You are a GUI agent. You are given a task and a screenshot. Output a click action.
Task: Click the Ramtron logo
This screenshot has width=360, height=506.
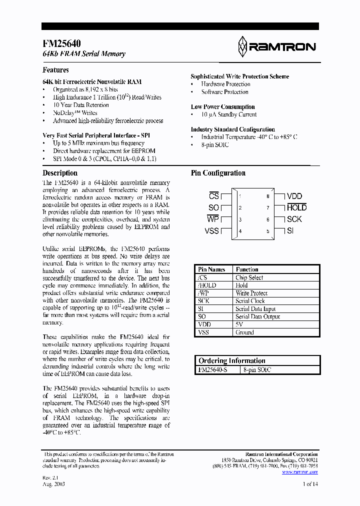276,46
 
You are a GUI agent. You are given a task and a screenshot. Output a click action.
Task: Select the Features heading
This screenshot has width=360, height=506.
55,70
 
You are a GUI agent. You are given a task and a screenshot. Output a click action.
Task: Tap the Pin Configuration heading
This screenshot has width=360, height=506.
218,173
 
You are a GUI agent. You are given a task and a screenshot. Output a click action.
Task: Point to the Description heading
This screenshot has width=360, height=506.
60,173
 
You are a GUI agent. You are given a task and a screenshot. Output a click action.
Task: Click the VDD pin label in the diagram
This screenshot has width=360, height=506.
294,196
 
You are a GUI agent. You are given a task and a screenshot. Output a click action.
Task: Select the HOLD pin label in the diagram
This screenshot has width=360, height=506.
296,207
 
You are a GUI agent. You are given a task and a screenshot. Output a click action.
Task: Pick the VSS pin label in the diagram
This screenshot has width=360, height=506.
211,230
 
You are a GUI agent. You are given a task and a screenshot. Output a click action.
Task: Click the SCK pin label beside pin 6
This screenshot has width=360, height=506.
294,219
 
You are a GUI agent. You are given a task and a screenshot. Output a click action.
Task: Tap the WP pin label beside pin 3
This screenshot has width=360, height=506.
213,219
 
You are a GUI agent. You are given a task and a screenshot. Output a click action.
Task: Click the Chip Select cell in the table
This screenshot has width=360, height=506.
249,277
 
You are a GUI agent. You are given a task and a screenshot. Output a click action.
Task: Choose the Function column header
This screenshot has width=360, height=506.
247,269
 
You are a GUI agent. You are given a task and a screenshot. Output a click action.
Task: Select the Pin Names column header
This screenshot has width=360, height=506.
211,269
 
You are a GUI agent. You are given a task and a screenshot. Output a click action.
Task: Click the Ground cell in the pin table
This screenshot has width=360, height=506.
244,332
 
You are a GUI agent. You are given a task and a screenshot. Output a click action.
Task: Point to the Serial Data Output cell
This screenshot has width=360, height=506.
257,316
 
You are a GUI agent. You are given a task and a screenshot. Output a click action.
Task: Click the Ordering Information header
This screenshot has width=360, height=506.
231,360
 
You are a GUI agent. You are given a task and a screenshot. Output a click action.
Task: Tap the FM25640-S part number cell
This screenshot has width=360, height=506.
213,369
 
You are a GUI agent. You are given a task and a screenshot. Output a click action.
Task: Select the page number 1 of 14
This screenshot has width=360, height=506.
310,484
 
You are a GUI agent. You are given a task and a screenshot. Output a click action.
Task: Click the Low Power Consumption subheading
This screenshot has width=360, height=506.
222,106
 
